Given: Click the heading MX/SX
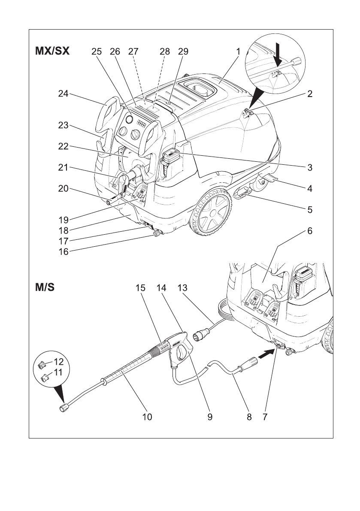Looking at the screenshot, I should tap(52, 51).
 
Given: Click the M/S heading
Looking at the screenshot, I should tap(45, 287).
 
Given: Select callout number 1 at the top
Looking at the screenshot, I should tap(238, 51).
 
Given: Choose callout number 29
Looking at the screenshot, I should tap(183, 51).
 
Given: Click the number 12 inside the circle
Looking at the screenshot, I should tap(57, 361).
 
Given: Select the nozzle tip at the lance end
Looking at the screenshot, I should tap(64, 408).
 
